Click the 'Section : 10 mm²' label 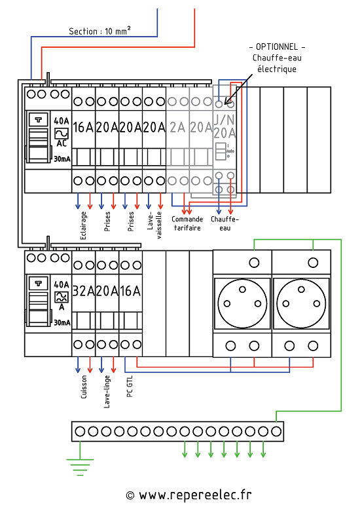tap(99, 31)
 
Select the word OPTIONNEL tap(277, 47)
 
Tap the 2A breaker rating tap(177, 127)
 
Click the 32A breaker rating tap(83, 291)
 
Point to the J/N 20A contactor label tap(225, 126)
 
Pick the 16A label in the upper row tap(83, 127)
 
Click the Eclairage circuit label tap(83, 225)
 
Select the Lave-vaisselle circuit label tap(154, 225)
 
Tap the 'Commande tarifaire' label tap(187, 223)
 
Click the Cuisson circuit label tap(84, 387)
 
